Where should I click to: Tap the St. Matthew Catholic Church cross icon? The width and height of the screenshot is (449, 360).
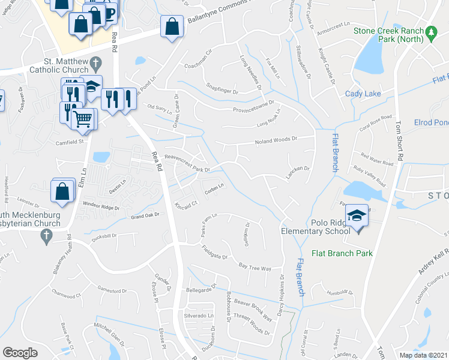[x=95, y=62]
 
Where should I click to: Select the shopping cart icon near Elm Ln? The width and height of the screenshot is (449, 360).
[x=83, y=118]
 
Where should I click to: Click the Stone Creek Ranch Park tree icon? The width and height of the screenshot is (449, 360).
[x=431, y=31]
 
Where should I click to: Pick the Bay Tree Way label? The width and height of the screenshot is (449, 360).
[x=255, y=266]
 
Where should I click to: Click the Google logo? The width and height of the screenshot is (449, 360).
[x=20, y=353]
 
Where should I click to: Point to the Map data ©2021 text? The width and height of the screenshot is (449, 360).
[x=423, y=355]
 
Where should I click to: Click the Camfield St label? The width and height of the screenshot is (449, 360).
[x=68, y=143]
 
